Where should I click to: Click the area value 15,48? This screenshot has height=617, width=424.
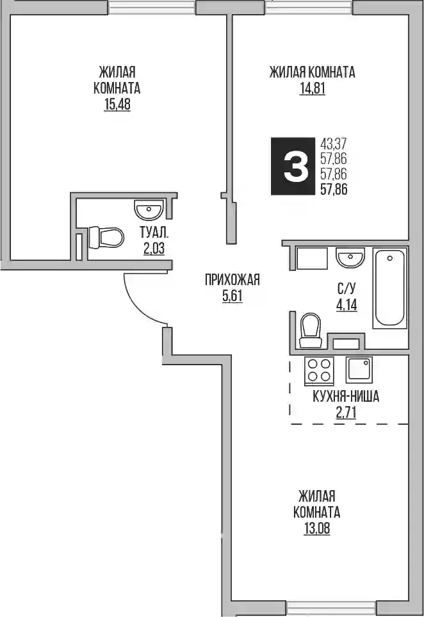[117, 105]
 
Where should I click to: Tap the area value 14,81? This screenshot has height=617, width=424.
[313, 89]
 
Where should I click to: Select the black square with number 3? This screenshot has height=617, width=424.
[293, 166]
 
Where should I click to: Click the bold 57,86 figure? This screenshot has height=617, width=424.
[334, 190]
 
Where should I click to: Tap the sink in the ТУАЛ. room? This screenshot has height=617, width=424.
[148, 210]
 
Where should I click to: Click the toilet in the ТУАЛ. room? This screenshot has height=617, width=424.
[106, 237]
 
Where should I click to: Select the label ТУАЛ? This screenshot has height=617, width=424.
[154, 233]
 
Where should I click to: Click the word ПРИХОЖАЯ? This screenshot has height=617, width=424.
[232, 280]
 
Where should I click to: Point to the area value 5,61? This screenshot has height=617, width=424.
[232, 296]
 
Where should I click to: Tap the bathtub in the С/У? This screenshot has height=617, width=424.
[390, 288]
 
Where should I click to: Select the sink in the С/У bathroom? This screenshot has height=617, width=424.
[350, 258]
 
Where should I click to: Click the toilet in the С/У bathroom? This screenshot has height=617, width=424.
[311, 331]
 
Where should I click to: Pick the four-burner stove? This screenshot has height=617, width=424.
[318, 370]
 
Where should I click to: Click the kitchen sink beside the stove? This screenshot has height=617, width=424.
[359, 370]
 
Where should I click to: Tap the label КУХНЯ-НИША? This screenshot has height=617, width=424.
[346, 397]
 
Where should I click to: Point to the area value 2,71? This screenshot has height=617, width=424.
[346, 413]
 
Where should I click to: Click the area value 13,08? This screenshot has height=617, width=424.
[316, 529]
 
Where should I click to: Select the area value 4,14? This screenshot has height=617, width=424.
[347, 304]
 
